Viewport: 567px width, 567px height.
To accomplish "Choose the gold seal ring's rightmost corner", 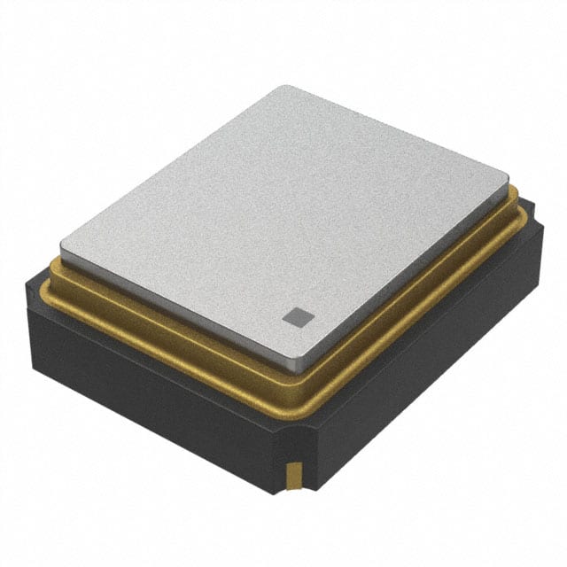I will pyautogui.click(x=524, y=206).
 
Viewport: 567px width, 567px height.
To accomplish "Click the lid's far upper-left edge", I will pyautogui.click(x=173, y=164).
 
